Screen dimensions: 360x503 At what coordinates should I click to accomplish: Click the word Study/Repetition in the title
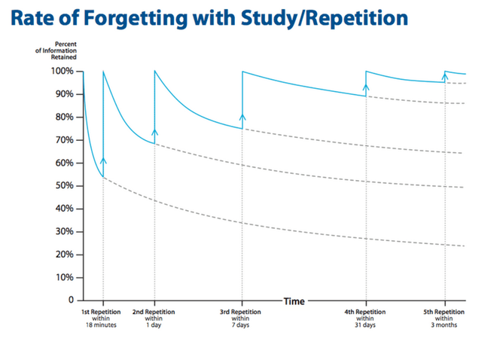click(x=316, y=17)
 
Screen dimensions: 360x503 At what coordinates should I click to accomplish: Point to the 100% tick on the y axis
click(x=62, y=72)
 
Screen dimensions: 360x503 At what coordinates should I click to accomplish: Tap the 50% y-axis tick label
click(x=63, y=186)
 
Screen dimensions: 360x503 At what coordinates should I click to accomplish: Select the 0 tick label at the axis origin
click(x=69, y=301)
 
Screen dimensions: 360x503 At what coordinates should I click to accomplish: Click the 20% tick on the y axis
click(x=63, y=255)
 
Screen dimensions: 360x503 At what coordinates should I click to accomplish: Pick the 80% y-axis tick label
click(x=63, y=117)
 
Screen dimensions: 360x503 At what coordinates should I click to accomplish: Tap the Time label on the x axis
click(x=294, y=301)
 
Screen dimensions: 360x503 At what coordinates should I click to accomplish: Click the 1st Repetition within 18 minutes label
click(x=102, y=318)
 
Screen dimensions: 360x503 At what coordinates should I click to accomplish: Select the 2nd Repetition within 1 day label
click(x=154, y=318)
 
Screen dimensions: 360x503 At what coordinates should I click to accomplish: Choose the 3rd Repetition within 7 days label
click(x=242, y=318)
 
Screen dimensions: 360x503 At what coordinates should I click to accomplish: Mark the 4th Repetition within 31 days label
click(x=366, y=318)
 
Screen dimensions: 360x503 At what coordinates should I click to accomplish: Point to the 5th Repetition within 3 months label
click(x=444, y=318)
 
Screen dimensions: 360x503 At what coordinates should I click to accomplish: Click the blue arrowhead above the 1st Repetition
click(x=103, y=160)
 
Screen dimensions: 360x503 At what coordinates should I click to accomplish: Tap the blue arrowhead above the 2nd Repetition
click(x=154, y=132)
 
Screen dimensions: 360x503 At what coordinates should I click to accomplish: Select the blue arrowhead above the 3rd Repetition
click(x=242, y=117)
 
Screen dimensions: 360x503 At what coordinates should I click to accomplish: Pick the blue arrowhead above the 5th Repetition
click(x=445, y=76)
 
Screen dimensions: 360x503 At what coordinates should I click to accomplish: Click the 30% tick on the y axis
click(x=63, y=232)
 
